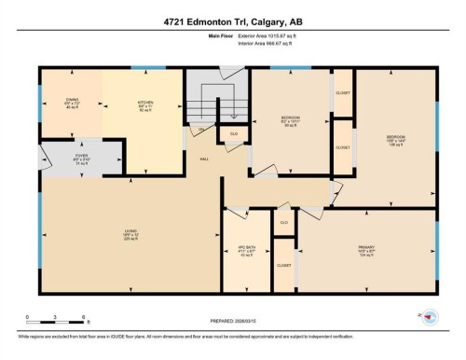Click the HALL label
203,159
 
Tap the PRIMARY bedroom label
363,250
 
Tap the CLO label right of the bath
283,223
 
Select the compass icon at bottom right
428,317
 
